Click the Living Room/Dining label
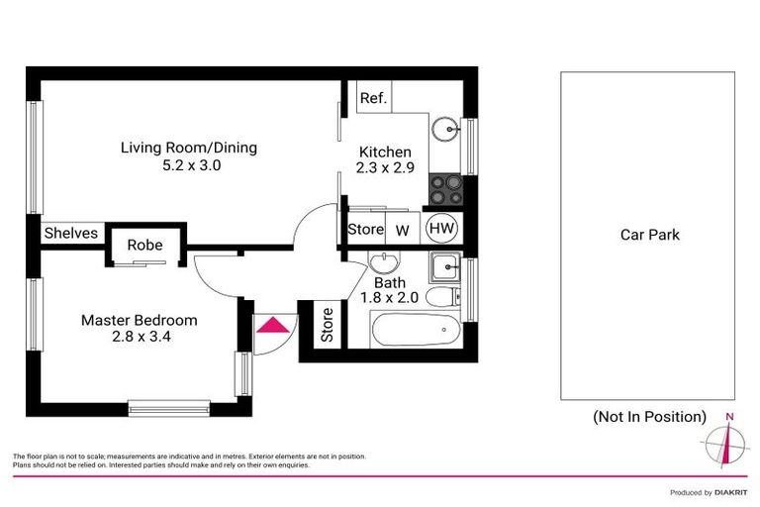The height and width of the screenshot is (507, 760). (188, 148)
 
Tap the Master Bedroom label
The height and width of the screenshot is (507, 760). (139, 320)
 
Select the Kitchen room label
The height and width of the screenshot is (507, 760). (385, 152)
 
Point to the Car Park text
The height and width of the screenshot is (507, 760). (649, 235)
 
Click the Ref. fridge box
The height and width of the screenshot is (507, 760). (373, 98)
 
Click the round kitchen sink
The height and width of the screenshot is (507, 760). (446, 128)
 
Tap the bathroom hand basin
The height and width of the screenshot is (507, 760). (383, 263)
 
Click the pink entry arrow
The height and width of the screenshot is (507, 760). (269, 325)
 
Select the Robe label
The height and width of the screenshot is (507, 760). (138, 245)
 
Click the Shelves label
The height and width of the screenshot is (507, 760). (71, 234)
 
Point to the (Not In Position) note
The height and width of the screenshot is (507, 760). (649, 416)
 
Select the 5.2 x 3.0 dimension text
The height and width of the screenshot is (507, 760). (191, 166)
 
